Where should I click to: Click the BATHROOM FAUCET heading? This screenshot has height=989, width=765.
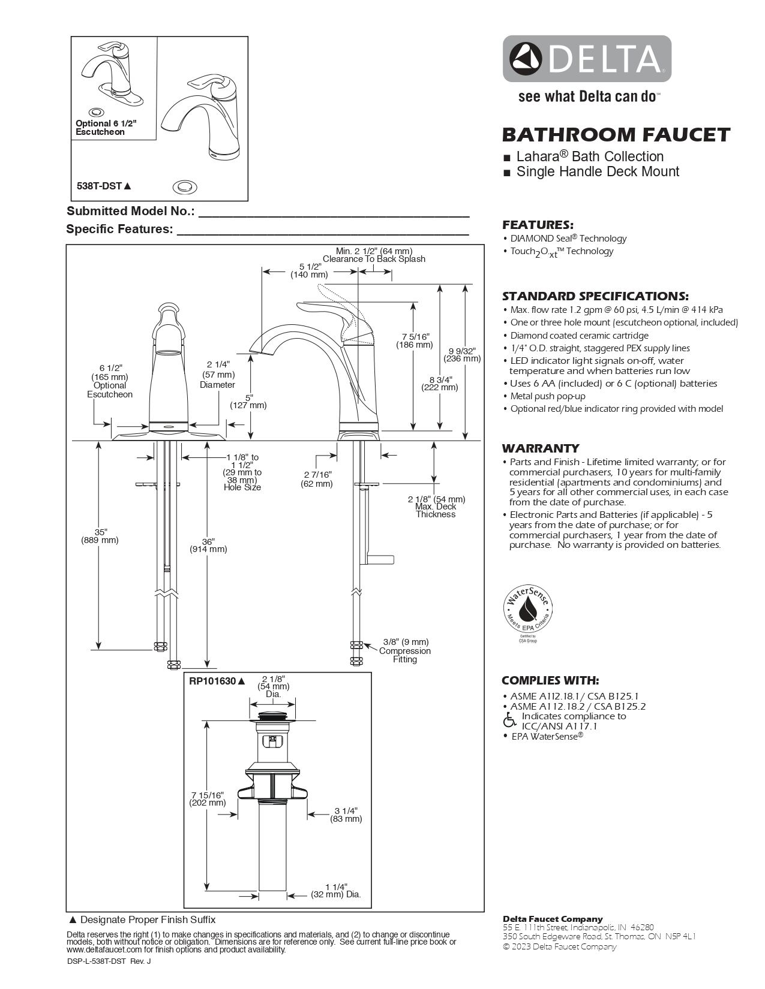[616, 134]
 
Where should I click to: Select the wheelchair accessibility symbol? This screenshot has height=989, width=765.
[509, 719]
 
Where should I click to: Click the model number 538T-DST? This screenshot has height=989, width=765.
[100, 186]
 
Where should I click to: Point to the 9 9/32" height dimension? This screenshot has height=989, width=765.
[462, 355]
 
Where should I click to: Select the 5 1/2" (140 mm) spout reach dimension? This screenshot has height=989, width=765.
[310, 270]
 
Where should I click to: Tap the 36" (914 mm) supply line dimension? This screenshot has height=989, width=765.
[208, 545]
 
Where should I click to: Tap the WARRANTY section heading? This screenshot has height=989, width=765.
[541, 448]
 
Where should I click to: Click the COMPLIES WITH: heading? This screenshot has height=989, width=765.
[550, 680]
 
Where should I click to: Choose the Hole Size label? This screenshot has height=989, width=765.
[242, 487]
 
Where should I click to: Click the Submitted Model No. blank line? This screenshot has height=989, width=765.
[334, 214]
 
